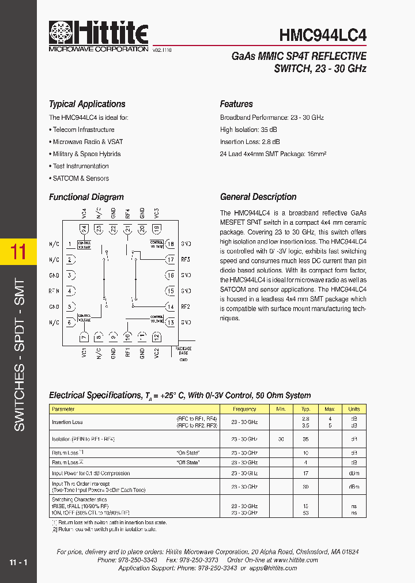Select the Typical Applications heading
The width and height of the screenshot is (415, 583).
[87, 104]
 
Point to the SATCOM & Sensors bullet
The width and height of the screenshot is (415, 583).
[81, 179]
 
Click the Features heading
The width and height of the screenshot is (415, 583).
[236, 104]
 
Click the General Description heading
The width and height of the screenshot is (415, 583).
[258, 197]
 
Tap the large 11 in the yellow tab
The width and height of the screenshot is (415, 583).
[18, 252]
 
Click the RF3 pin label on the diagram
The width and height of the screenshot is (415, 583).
[186, 260]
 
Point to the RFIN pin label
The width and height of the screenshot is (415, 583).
[54, 291]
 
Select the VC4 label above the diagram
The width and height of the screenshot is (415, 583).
[84, 213]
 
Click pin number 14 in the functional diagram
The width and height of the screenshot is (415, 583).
[171, 307]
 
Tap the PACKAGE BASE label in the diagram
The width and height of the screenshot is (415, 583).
[183, 351]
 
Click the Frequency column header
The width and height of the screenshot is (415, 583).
[244, 409]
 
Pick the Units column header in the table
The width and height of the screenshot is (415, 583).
[353, 409]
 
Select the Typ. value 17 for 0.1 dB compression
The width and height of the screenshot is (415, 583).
[305, 474]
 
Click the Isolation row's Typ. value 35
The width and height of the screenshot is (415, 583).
[305, 439]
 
